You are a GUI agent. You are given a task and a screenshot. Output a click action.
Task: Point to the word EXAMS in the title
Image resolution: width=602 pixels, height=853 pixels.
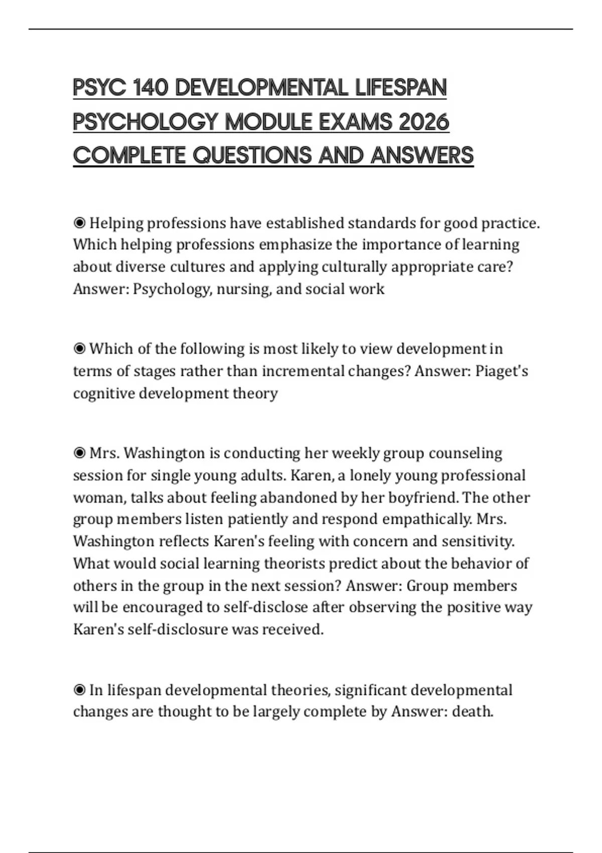(x=355, y=122)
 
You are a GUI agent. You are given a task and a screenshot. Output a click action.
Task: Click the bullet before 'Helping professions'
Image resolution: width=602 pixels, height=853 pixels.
(x=79, y=223)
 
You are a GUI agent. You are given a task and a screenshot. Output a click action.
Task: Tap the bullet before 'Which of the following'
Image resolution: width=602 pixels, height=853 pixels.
(x=79, y=349)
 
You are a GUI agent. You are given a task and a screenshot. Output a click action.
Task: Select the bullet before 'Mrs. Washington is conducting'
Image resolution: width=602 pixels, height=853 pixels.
(x=79, y=453)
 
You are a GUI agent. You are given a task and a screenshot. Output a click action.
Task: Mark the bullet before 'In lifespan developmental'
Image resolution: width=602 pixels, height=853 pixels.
(x=79, y=690)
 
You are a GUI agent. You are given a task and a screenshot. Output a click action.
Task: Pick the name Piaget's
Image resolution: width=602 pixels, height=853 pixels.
(x=501, y=371)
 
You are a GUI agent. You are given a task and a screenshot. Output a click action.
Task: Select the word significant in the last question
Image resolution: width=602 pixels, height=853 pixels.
(x=370, y=690)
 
